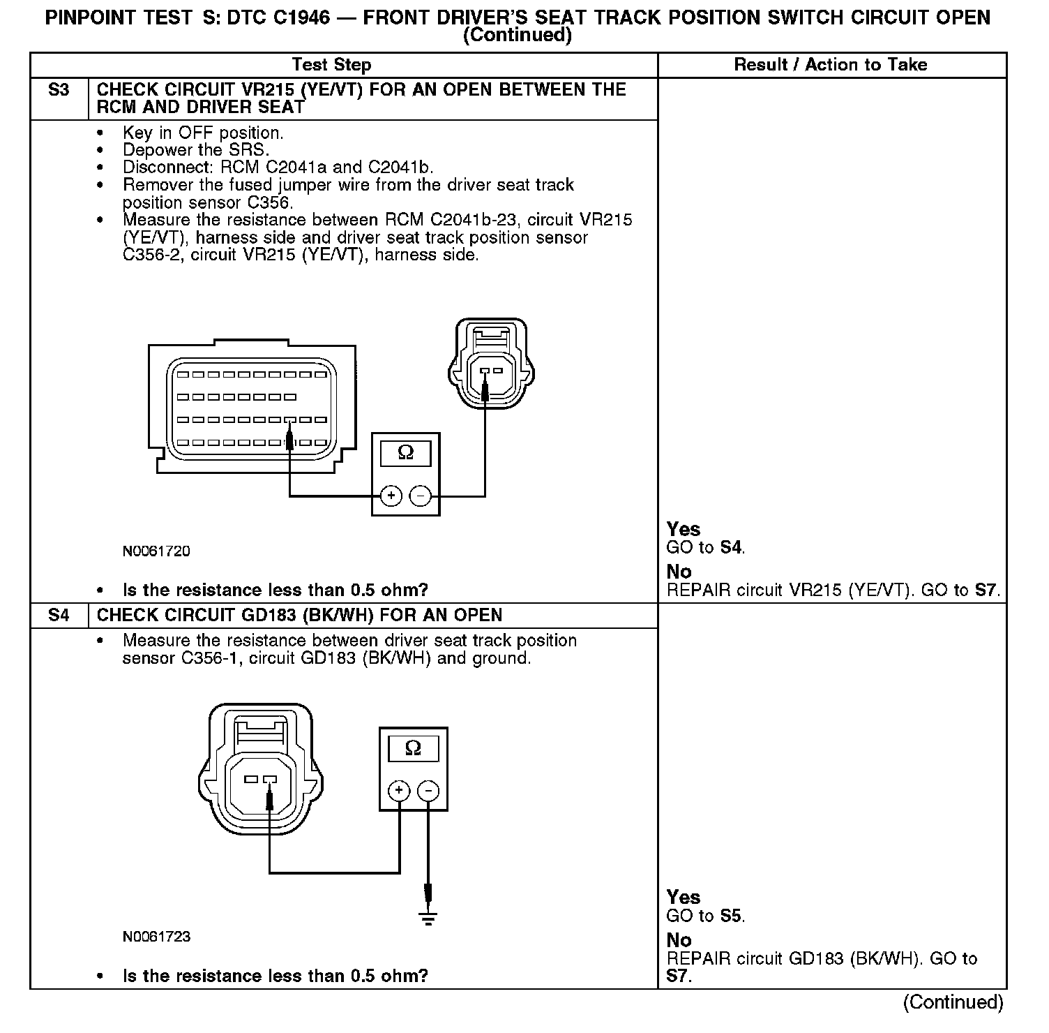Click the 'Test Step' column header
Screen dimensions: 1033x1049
[x=331, y=65]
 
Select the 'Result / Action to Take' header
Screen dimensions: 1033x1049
[x=831, y=65]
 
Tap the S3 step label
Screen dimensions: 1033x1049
[x=59, y=90]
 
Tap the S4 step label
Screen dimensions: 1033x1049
[x=59, y=616]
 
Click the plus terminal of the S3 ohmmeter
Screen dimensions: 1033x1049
[x=391, y=496]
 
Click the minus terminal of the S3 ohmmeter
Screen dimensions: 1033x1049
[x=421, y=496]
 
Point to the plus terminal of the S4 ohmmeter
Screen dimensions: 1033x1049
[x=399, y=791]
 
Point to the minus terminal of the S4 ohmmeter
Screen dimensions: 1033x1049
[x=428, y=791]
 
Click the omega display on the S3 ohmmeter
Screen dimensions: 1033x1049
[x=405, y=454]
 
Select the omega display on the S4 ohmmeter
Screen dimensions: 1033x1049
[x=413, y=749]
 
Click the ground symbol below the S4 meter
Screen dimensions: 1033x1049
[x=428, y=918]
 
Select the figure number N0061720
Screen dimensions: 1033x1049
[x=156, y=551]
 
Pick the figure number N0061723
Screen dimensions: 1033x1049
[x=156, y=937]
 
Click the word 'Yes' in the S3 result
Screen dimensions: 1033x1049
[x=683, y=529]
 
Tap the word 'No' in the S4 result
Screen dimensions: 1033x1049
[x=679, y=940]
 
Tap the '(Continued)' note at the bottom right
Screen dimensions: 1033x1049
[x=953, y=1002]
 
